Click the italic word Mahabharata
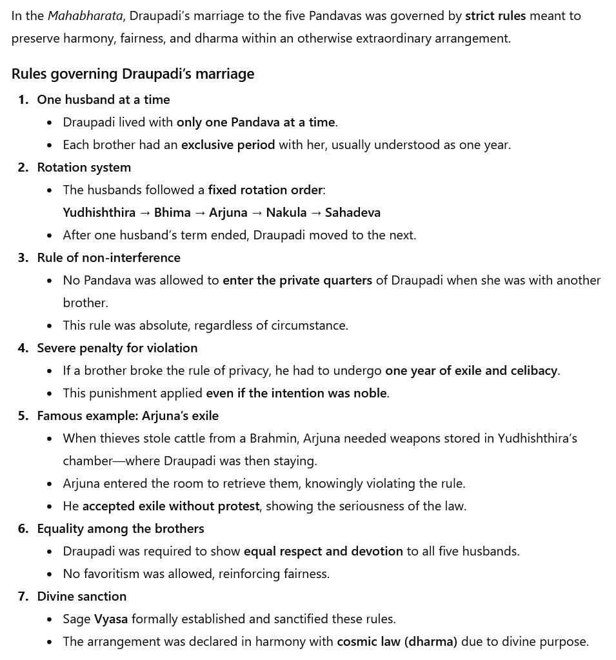85,15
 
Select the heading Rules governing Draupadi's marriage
133,74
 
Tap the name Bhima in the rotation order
172,212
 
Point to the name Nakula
286,212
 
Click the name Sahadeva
353,212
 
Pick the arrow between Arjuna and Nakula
257,212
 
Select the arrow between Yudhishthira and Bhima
144,212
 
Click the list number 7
23,596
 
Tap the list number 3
23,257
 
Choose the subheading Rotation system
84,167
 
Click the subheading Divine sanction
82,596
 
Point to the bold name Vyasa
111,619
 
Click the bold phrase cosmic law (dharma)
397,641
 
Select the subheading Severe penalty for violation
117,348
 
